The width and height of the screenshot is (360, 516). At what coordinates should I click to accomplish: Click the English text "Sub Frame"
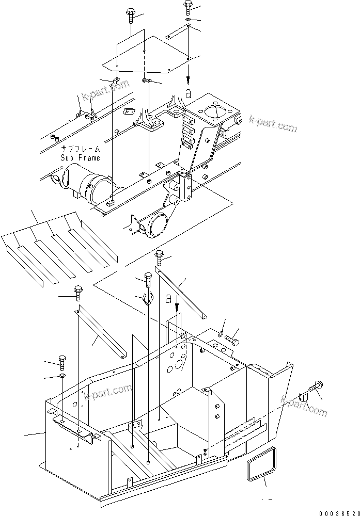pos(80,157)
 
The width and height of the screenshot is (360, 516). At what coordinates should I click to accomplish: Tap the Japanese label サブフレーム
pos(80,149)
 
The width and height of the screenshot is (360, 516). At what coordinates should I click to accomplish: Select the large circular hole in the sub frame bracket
pos(214,110)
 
